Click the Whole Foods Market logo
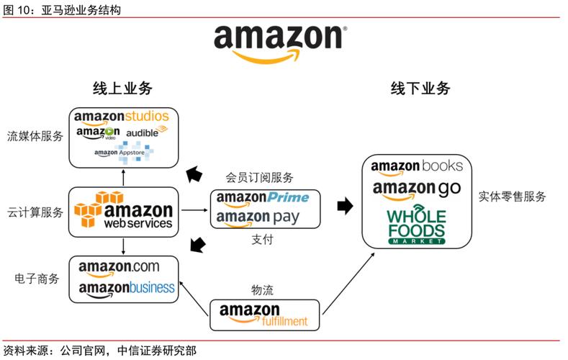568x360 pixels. (x=416, y=226)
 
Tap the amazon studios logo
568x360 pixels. (x=121, y=116)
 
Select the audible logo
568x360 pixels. (x=146, y=132)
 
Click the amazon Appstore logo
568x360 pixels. (x=120, y=153)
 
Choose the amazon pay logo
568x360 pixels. (x=257, y=217)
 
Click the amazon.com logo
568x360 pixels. (x=119, y=268)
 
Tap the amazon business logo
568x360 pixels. (x=127, y=289)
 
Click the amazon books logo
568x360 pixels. (x=416, y=166)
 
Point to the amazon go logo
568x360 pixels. (x=415, y=190)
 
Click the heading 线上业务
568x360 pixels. (x=122, y=89)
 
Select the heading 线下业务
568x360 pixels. (x=420, y=89)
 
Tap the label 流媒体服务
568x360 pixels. (x=35, y=135)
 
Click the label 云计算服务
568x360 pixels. (x=35, y=212)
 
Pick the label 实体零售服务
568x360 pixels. (x=513, y=197)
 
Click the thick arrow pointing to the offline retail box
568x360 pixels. (x=346, y=206)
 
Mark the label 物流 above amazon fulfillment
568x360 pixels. (x=263, y=289)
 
